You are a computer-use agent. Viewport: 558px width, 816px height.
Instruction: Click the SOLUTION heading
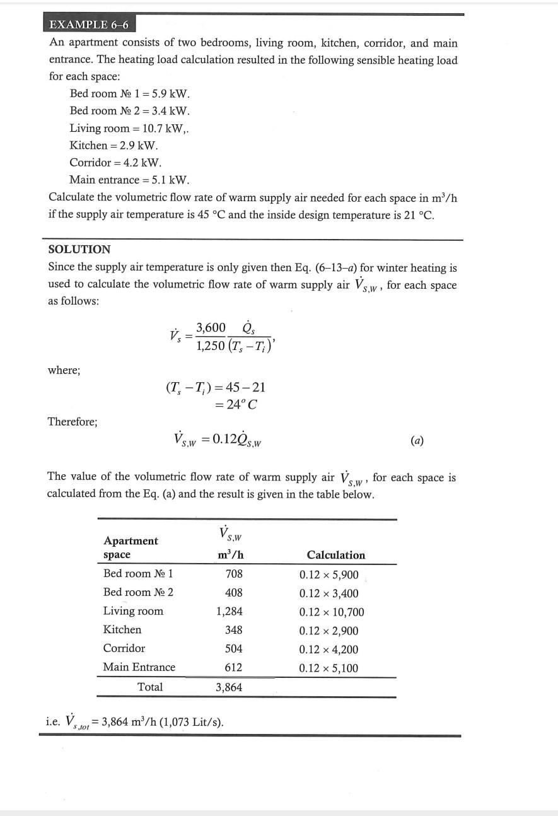(x=79, y=249)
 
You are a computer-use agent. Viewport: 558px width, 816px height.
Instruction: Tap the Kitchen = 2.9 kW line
(x=113, y=145)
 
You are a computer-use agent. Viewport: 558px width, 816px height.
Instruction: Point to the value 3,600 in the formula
(x=211, y=327)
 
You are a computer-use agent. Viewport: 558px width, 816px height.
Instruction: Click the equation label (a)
(x=417, y=440)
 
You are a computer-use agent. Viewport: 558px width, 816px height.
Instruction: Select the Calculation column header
(x=335, y=555)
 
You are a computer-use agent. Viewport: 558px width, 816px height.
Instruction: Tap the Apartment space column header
(x=131, y=547)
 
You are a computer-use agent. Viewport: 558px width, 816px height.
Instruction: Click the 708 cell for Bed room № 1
(x=234, y=574)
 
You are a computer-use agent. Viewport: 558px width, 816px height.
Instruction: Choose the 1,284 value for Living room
(x=229, y=611)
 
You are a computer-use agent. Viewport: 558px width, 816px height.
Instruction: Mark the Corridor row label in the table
(x=124, y=648)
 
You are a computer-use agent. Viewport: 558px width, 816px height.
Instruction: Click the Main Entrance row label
(x=139, y=667)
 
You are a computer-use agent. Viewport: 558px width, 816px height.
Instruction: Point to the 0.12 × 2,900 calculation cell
(x=328, y=631)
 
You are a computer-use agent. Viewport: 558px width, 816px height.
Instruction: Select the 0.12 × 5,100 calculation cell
(x=328, y=668)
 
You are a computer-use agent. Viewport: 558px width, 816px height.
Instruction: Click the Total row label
(x=150, y=687)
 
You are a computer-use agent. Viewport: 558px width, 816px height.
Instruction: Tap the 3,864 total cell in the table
(x=229, y=687)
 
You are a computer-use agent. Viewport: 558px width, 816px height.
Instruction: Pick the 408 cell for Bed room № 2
(x=234, y=593)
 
